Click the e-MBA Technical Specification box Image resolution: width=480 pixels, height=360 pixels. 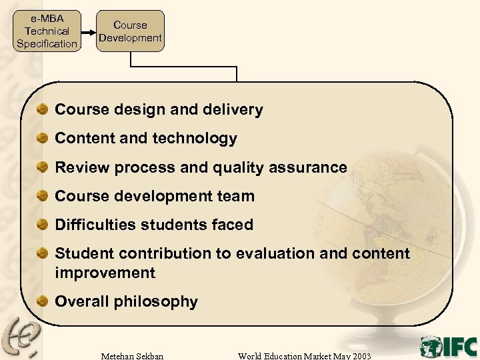[47, 31]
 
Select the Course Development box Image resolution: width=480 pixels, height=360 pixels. [130, 31]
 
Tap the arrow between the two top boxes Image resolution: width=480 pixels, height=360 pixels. [88, 31]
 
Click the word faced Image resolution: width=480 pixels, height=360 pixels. [233, 225]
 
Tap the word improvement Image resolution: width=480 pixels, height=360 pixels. [105, 273]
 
